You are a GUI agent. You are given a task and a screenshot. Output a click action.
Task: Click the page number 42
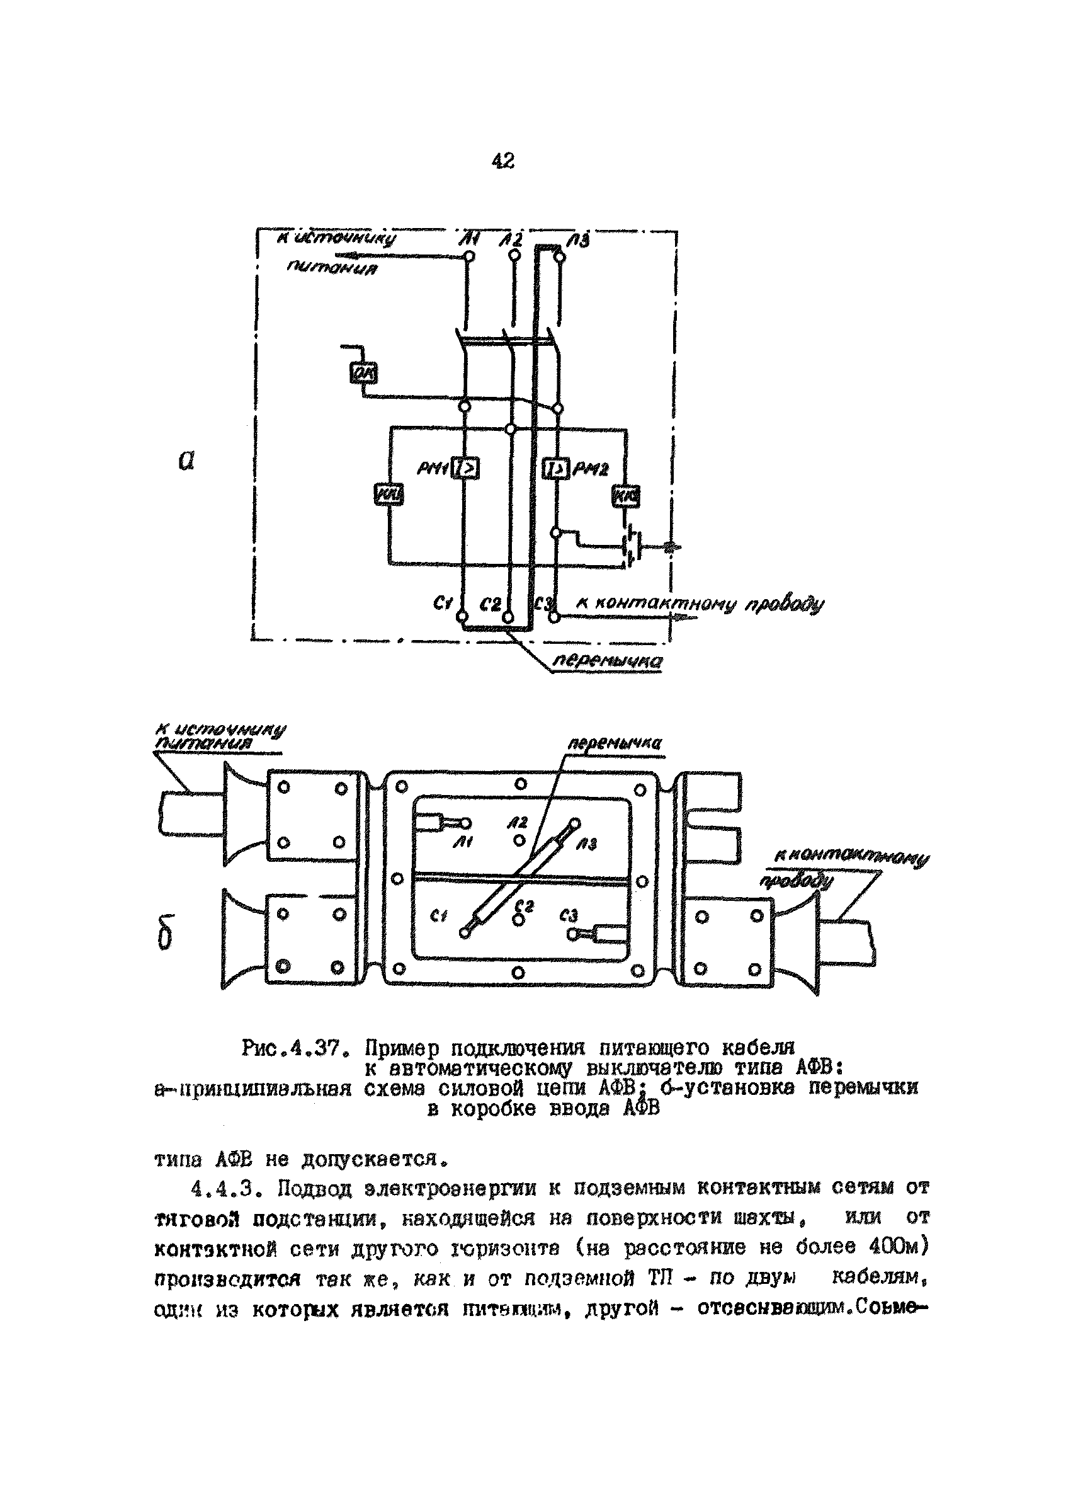pos(503,160)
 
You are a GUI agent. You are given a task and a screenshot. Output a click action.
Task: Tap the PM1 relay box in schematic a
pos(465,469)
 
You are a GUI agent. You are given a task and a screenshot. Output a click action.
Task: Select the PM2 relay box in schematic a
pos(556,469)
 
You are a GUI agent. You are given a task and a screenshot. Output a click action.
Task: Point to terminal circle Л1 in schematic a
pos(468,256)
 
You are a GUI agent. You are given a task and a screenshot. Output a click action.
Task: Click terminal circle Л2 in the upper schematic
pos(514,256)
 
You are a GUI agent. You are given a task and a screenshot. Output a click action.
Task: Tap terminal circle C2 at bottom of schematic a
pos(509,617)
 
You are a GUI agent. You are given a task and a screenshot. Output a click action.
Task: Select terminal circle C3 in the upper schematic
pos(555,617)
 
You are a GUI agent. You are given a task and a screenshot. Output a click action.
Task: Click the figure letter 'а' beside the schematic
pos(186,461)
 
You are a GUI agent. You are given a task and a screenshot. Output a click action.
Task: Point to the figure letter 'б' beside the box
pos(165,932)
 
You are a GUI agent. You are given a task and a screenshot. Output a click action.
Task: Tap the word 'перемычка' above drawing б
pos(614,743)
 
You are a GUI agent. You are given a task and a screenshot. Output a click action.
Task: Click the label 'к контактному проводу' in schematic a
pos(698,604)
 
